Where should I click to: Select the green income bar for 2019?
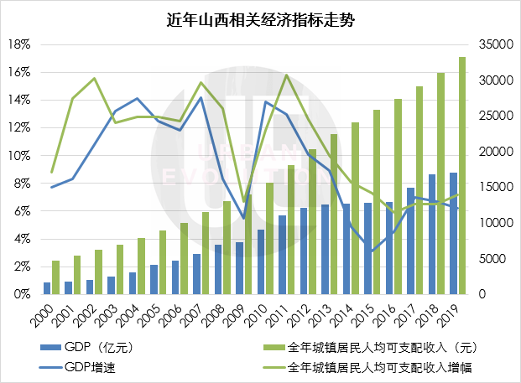(462, 176)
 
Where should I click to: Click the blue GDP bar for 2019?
(453, 234)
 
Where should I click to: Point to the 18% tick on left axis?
(20, 44)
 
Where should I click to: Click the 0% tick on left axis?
(23, 295)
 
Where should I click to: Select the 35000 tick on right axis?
(492, 44)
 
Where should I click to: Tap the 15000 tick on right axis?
(492, 188)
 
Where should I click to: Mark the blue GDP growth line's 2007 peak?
(201, 97)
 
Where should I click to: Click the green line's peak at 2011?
(286, 75)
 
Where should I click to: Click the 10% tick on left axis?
(20, 156)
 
